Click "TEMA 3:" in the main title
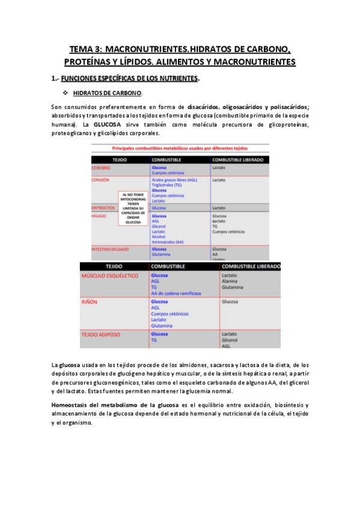tap(85, 49)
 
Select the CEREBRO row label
tap(101, 168)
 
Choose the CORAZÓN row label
tap(100, 179)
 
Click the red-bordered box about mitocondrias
tap(133, 208)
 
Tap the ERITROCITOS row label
tap(103, 207)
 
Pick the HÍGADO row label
tap(99, 216)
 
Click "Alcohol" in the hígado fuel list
tap(159, 236)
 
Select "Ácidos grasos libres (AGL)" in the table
tap(174, 179)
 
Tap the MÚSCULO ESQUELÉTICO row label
tap(110, 275)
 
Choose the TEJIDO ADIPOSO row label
tap(101, 334)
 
